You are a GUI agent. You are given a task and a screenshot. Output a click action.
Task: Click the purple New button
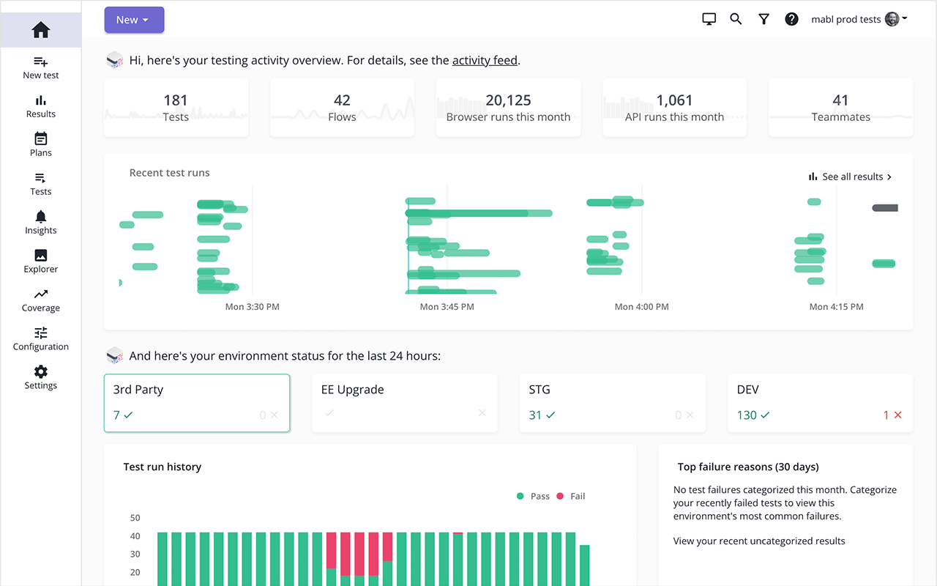[x=134, y=20]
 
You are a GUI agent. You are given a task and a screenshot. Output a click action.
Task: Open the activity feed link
[x=485, y=60]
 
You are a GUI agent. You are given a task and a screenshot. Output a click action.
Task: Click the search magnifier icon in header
[x=736, y=20]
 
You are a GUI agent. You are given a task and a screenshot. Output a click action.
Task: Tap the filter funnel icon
[x=764, y=20]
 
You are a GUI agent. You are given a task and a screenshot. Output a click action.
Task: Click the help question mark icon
[x=791, y=20]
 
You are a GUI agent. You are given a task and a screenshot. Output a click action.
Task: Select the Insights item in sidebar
[x=41, y=222]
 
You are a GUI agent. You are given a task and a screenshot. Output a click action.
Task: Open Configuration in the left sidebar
[x=41, y=338]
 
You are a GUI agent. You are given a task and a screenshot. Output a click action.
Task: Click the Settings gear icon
[x=41, y=372]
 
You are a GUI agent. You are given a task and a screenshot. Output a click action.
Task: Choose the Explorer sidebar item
[x=41, y=261]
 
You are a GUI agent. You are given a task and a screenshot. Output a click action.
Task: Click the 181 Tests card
[x=176, y=108]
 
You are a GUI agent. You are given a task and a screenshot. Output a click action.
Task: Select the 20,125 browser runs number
[x=508, y=100]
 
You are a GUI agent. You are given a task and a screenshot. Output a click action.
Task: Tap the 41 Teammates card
[x=840, y=108]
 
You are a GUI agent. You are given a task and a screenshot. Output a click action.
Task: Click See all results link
[x=851, y=177]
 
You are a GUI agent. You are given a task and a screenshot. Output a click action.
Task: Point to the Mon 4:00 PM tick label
[x=641, y=307]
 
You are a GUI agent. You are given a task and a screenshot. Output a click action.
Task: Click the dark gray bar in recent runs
[x=885, y=208]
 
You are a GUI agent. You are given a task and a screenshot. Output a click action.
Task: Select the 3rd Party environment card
[x=197, y=403]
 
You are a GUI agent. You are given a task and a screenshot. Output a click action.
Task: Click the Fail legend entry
[x=571, y=496]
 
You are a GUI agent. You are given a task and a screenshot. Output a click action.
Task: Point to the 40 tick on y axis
[x=135, y=536]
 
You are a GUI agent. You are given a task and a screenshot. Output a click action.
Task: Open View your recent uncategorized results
[x=759, y=541]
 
